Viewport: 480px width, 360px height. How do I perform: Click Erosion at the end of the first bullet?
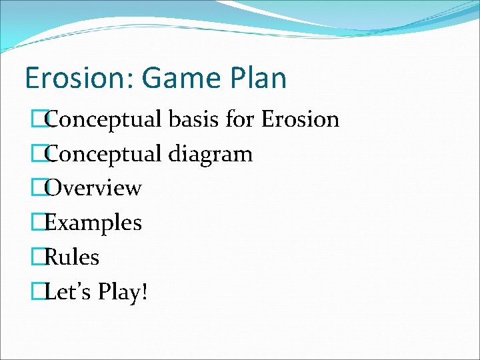(300, 119)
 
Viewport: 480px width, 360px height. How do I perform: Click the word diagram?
(210, 154)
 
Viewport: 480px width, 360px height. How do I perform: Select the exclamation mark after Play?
(144, 291)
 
